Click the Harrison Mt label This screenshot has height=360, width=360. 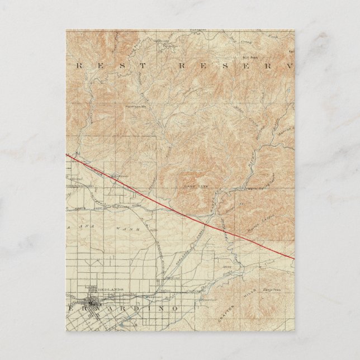[136, 106]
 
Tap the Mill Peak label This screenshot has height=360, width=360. [249, 56]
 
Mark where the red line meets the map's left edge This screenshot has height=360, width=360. [67, 154]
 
